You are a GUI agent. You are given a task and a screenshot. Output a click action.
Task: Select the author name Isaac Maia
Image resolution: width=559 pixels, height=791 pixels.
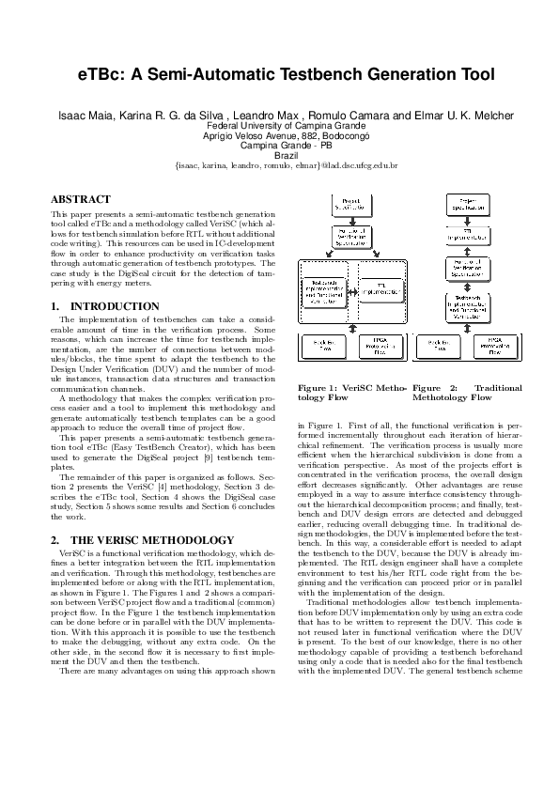(87, 115)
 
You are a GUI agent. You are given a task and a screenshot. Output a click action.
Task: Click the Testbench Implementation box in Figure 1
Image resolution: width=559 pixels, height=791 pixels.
(322, 291)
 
